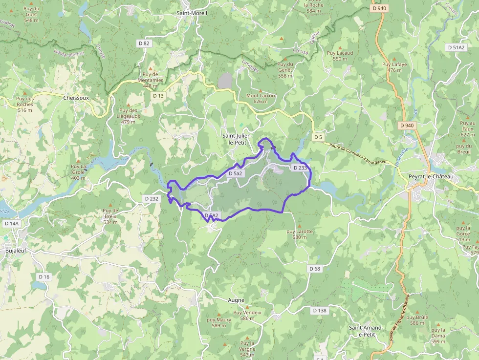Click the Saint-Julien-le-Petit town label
pos(237,139)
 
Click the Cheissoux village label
pos(76,98)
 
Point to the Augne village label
pos(236,300)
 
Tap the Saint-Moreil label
pos(192,13)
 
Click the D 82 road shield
pos(144,43)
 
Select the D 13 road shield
pos(158,96)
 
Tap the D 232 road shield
pos(152,199)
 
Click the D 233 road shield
pos(300,168)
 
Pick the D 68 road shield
pos(315,269)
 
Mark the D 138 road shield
pos(319,310)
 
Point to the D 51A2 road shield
pos(456,47)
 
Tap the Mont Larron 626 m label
pos(261,98)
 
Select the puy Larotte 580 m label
pos(299,234)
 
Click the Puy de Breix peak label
pos(110,216)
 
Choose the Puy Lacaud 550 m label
pos(340,56)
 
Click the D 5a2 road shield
pos(235,173)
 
